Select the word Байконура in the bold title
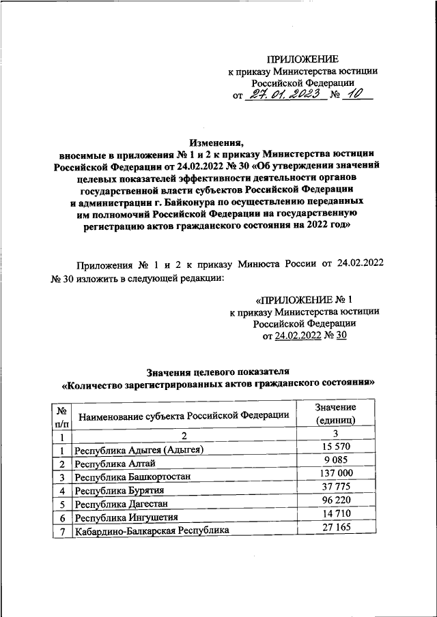[x=189, y=202]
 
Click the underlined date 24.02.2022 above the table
[x=296, y=335]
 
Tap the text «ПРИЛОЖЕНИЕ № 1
[x=303, y=299]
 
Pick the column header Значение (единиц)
[x=335, y=413]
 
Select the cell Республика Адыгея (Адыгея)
[x=139, y=450]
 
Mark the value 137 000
[x=335, y=473]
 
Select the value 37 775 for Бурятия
[x=335, y=487]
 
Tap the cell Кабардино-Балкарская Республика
[x=152, y=530]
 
